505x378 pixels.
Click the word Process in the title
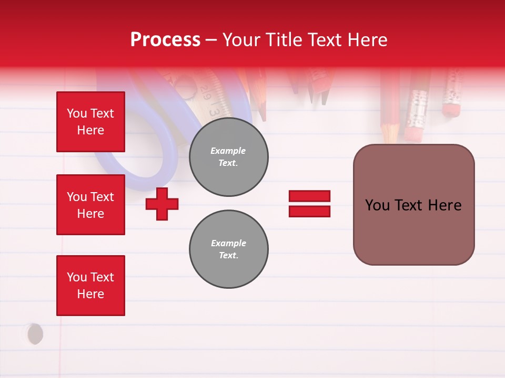(165, 40)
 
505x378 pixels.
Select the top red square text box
(90, 122)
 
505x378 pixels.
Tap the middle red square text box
(90, 205)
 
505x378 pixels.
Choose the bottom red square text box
(90, 286)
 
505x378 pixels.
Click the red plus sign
(162, 204)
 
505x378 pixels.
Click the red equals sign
(309, 204)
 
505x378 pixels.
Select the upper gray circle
(228, 157)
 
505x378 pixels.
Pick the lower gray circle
(228, 249)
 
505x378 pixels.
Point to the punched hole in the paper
(35, 334)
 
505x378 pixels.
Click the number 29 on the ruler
(206, 94)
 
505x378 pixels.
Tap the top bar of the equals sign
(309, 196)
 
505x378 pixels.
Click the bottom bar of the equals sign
(309, 211)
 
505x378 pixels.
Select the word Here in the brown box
(445, 205)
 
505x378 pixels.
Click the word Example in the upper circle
(228, 151)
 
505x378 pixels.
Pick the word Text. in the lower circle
(228, 256)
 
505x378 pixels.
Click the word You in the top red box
(77, 113)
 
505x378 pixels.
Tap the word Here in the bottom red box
(90, 294)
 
